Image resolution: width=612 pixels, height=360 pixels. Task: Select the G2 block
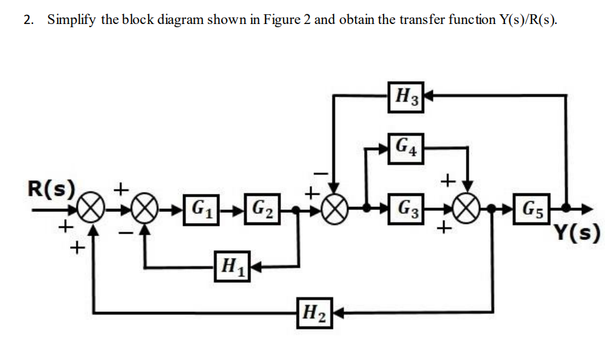pyautogui.click(x=262, y=210)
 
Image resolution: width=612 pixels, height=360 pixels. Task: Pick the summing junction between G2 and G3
pyautogui.click(x=335, y=210)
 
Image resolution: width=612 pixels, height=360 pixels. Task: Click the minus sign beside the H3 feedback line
pyautogui.click(x=320, y=173)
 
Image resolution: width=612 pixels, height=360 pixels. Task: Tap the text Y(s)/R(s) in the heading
pyautogui.click(x=526, y=19)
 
